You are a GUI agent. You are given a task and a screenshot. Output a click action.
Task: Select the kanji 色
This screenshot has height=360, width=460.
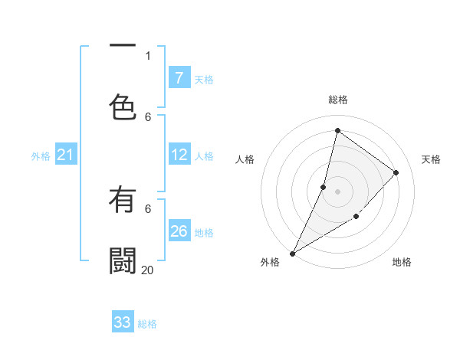coord(123,108)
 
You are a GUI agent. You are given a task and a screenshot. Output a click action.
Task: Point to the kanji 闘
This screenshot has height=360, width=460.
coord(123,261)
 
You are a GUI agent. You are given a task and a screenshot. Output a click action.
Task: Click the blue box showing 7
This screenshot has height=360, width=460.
coord(179,78)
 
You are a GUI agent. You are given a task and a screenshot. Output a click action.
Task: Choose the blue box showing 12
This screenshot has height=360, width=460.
coord(179,155)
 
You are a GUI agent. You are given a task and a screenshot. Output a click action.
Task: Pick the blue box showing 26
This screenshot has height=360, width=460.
coord(179,231)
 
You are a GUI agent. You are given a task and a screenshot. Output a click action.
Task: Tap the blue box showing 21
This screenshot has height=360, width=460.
coord(66,155)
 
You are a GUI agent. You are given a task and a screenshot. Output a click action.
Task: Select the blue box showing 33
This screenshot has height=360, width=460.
coord(123,322)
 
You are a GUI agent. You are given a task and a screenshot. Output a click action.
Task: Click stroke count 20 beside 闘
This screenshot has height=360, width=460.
coord(147,270)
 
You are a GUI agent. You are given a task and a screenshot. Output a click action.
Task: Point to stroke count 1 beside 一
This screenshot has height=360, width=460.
coord(148,55)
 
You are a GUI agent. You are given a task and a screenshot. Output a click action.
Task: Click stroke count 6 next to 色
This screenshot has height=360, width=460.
coord(148,116)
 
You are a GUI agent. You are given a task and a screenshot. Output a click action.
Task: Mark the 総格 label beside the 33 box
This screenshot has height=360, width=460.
coord(147,324)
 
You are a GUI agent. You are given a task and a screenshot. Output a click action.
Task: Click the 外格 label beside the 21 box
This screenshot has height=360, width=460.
coord(41,156)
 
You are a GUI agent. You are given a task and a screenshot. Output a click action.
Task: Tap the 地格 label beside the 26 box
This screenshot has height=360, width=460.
coord(204,233)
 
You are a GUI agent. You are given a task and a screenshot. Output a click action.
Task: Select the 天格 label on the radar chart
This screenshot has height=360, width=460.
coord(431,159)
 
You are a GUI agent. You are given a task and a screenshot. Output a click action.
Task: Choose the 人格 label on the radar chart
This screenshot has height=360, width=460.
coord(245,159)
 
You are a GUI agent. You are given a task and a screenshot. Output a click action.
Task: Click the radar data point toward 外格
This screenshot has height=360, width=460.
coord(292,253)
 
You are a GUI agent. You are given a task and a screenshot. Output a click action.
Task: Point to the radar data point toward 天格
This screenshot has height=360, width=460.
coord(396,172)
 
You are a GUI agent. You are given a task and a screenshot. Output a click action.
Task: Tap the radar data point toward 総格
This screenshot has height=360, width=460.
coord(337,131)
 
